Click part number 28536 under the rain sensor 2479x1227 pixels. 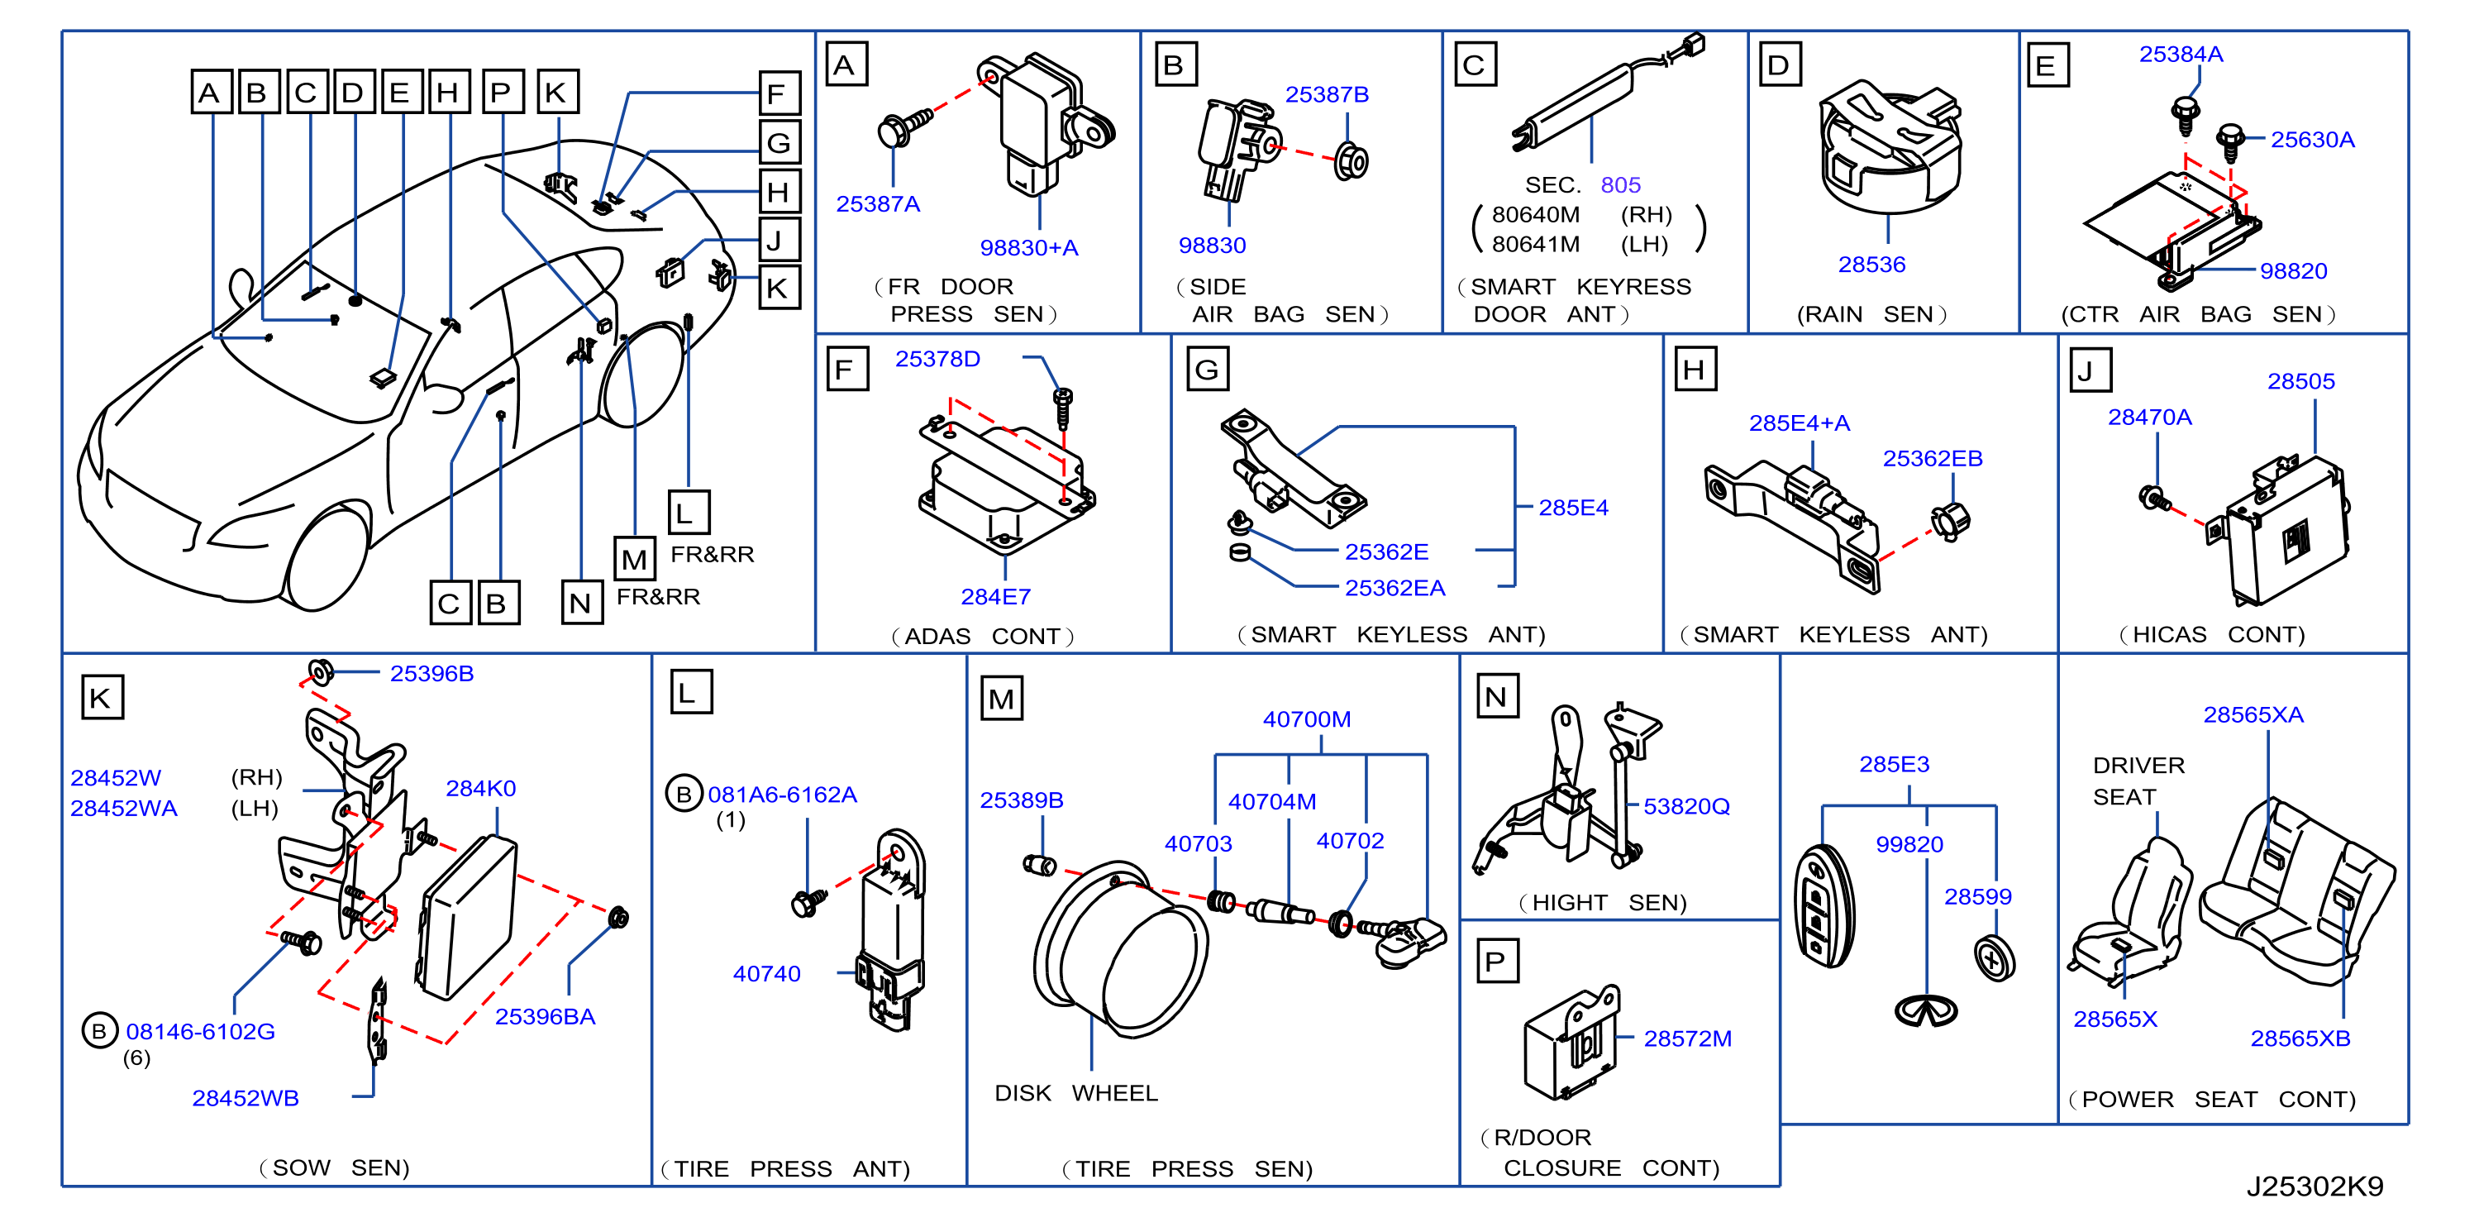pos(1871,265)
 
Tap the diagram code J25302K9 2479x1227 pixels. pos(2315,1186)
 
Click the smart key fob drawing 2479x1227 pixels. pos(1823,905)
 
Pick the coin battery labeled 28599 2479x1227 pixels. pos(1994,958)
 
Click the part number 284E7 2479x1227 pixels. pos(995,597)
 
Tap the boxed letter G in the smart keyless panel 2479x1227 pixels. pos(1207,370)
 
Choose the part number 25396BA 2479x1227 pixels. pos(545,1016)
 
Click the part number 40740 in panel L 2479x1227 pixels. pos(766,974)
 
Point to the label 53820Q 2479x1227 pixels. pos(1686,806)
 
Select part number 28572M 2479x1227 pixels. pos(1687,1038)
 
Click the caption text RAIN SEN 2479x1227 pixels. pos(1871,315)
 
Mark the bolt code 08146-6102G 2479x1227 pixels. pos(200,1032)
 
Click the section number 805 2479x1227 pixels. pos(1621,184)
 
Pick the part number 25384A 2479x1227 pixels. pos(2181,55)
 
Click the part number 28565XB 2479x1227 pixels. pos(2300,1038)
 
